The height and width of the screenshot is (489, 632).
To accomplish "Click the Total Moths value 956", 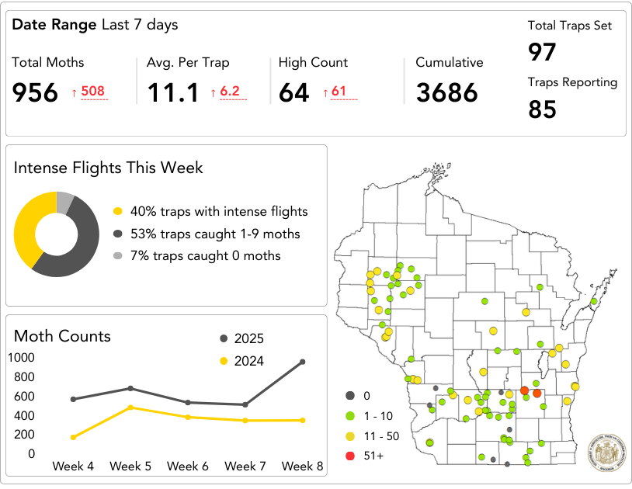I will pos(35,92).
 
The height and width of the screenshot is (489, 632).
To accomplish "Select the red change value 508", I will pos(92,92).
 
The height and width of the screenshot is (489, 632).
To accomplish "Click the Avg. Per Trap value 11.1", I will pos(172,92).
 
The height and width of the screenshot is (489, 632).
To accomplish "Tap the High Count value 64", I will pos(294,92).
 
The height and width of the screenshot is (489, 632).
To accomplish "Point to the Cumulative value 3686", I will pos(446,92).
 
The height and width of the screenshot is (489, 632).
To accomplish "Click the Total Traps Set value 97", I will pos(542,52).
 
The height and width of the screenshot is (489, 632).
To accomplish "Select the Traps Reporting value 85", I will pos(542,109).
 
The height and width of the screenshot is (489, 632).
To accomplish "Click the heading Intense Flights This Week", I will pos(108,168).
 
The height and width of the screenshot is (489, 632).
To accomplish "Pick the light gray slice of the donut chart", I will pos(65,203).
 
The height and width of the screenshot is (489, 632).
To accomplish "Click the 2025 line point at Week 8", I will pos(302,362).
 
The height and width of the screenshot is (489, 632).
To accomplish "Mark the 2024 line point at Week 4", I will pos(73,437).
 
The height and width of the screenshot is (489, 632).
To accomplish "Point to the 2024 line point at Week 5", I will pos(130,407).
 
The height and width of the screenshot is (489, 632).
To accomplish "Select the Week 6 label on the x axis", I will pos(187,466).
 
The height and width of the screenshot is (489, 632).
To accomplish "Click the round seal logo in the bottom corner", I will pos(606,450).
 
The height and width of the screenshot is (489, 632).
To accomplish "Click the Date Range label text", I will pos(54,25).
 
